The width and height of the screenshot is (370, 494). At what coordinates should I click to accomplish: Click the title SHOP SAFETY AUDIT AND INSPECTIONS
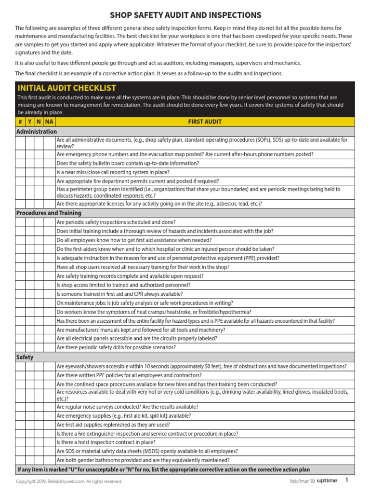pos(185,15)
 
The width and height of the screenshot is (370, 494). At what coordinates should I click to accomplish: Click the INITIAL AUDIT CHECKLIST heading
pos(67,88)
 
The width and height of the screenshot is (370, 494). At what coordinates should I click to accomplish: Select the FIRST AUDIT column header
pos(205,122)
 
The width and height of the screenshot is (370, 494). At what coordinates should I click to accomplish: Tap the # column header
pos(20,122)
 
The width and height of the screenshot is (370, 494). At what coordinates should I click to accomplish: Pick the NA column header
pos(49,122)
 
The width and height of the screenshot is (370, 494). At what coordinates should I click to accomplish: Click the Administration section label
pos(37,131)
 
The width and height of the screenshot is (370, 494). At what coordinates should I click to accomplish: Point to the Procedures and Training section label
pos(49,213)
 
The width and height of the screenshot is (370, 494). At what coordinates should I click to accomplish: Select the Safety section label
pos(25,357)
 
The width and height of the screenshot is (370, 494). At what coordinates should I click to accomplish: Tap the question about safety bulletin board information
pos(128,163)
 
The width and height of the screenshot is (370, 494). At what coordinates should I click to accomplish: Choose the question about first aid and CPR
pos(119,294)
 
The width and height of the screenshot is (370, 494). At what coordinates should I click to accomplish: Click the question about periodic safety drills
pos(116,347)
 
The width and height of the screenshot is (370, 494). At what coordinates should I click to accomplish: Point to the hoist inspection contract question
pos(106,442)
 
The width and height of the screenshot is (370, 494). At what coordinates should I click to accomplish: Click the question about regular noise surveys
pos(127,407)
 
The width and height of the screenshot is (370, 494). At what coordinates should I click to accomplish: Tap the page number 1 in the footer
pos(346,480)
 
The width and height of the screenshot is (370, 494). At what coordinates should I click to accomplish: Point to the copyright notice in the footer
pos(69,481)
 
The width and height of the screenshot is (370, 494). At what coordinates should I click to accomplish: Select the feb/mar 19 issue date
pos(302,481)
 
